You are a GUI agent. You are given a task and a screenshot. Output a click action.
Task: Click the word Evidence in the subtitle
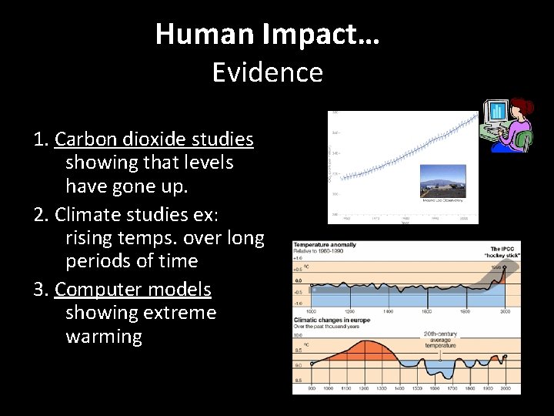(x=267, y=72)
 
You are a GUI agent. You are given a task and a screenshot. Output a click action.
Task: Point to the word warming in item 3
(x=104, y=337)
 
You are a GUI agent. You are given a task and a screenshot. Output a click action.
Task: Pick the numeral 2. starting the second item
(x=42, y=213)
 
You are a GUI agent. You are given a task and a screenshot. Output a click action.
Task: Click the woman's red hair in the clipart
(x=524, y=105)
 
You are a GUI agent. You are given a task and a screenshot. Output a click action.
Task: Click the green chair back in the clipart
(x=526, y=139)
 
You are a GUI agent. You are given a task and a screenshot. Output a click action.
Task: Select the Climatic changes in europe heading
(x=332, y=318)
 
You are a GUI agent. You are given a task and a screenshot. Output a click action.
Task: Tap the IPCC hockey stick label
(x=504, y=251)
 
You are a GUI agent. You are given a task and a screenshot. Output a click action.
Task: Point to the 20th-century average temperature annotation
(x=441, y=340)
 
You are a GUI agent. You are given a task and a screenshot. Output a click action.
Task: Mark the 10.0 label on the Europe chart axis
(x=299, y=335)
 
